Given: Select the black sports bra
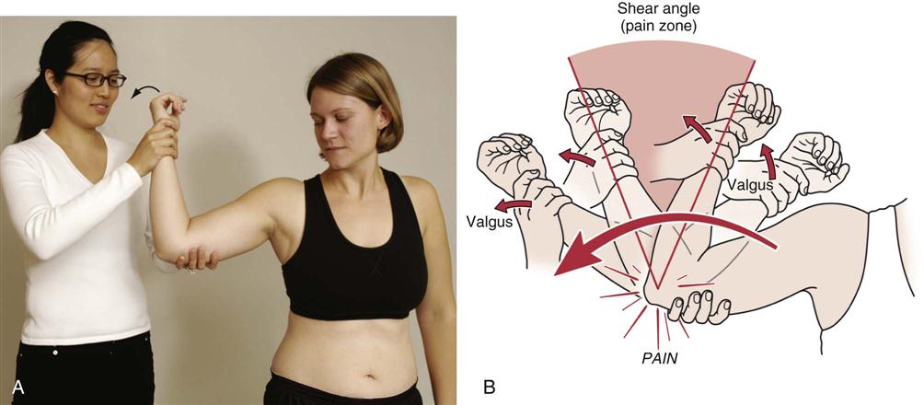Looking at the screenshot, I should tap(353, 249).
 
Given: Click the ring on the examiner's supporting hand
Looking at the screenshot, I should tap(191, 269).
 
